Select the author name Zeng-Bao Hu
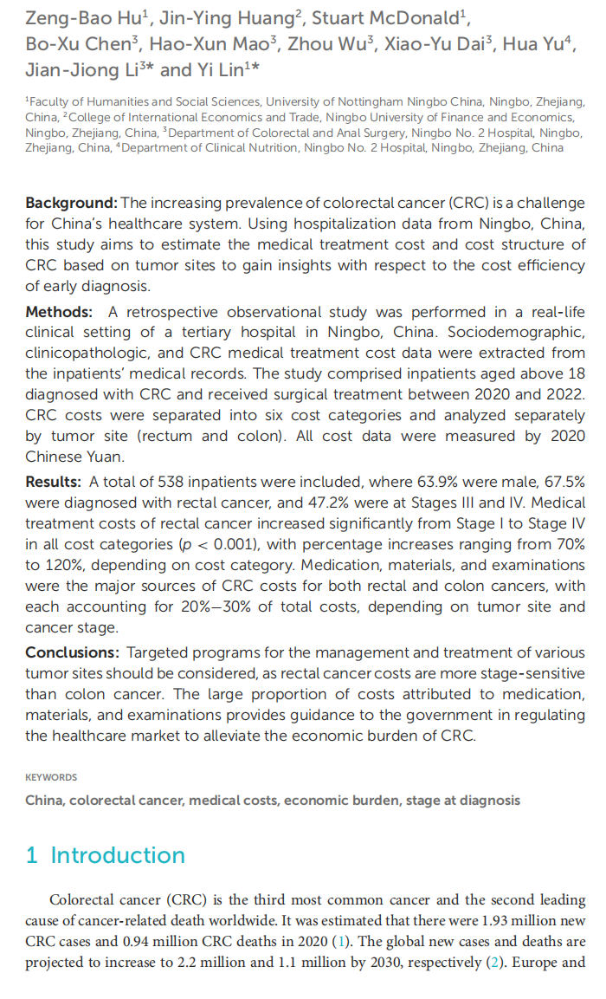pos(74,17)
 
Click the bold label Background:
pos(71,203)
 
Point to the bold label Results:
pos(54,482)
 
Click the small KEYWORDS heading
pos(51,777)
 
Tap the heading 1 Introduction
pos(105,855)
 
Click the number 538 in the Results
pos(170,482)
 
